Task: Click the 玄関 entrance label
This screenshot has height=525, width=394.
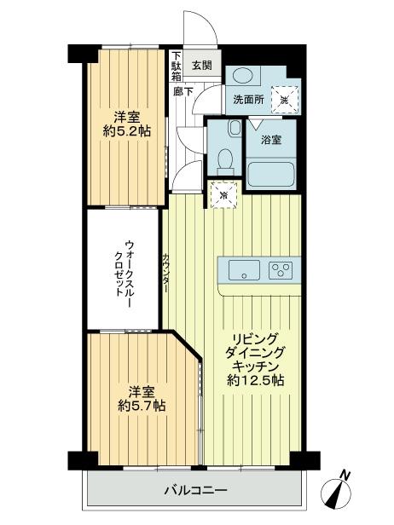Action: click(x=201, y=65)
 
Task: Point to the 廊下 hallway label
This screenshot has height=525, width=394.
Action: click(x=183, y=90)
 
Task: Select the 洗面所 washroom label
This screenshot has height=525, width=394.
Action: click(x=248, y=98)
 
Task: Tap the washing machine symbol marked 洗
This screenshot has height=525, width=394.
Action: click(x=285, y=98)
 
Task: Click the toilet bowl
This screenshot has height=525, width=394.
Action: click(x=226, y=159)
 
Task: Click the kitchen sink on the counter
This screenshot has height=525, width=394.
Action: click(x=244, y=272)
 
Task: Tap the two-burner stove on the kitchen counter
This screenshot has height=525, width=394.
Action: click(x=279, y=272)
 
